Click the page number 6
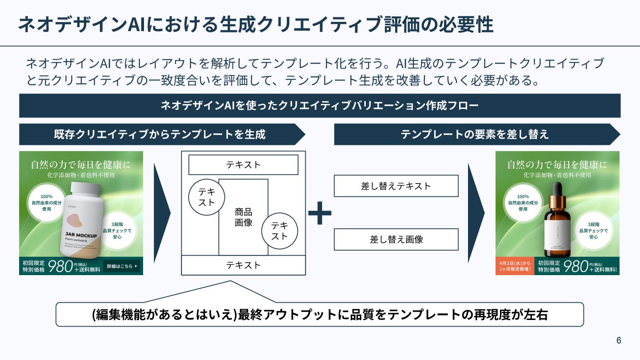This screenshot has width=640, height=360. [619, 341]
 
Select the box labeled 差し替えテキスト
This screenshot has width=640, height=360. [396, 186]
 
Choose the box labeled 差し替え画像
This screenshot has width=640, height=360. [396, 240]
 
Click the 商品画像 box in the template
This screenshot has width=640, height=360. [243, 217]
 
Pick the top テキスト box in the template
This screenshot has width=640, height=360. [243, 165]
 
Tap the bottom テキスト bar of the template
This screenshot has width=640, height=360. [243, 265]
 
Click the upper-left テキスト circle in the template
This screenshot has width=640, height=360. [206, 197]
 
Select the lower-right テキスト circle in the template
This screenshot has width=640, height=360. [280, 231]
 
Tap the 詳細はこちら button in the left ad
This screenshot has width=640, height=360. [121, 266]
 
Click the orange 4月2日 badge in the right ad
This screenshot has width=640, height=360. [515, 266]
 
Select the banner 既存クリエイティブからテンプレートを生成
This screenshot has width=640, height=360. [160, 134]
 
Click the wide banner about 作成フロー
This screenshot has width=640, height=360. [320, 106]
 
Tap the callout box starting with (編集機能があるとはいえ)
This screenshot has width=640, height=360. [320, 315]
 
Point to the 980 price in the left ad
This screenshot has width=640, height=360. [60, 266]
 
